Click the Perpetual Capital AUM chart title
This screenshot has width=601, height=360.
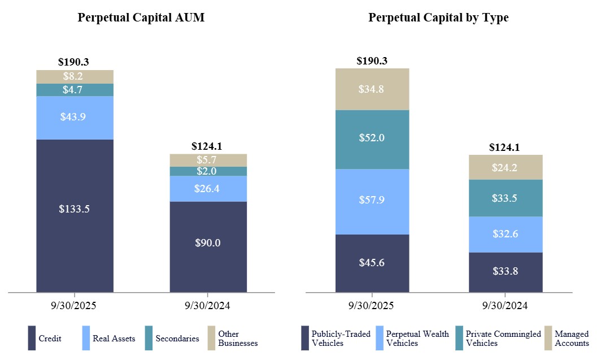[141, 18]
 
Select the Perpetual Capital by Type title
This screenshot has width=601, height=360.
[438, 18]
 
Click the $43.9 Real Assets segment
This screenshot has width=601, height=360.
[75, 117]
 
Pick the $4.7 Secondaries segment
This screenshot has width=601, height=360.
[75, 90]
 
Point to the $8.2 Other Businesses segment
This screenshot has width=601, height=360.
[75, 77]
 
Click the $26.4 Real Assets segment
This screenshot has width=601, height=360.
[208, 188]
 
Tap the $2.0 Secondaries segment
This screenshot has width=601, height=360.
[208, 171]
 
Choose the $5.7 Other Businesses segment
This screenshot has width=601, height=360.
[208, 160]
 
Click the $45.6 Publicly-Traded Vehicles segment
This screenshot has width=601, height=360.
[372, 263]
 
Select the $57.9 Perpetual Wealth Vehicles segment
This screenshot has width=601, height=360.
[372, 201]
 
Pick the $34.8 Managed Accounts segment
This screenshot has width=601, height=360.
[372, 89]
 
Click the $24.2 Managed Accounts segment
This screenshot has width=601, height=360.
[506, 167]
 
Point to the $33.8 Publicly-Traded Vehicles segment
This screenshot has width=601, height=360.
[506, 272]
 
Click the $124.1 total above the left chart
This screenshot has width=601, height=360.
[207, 146]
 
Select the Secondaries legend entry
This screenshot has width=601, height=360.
[172, 339]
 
